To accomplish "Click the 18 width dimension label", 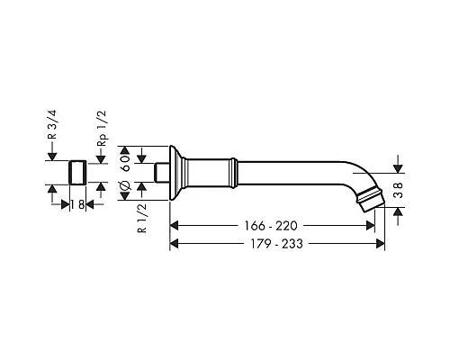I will pos(78,204).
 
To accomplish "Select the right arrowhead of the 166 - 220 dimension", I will pos(371,225).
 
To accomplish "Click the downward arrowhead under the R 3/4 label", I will pos(52,158).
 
